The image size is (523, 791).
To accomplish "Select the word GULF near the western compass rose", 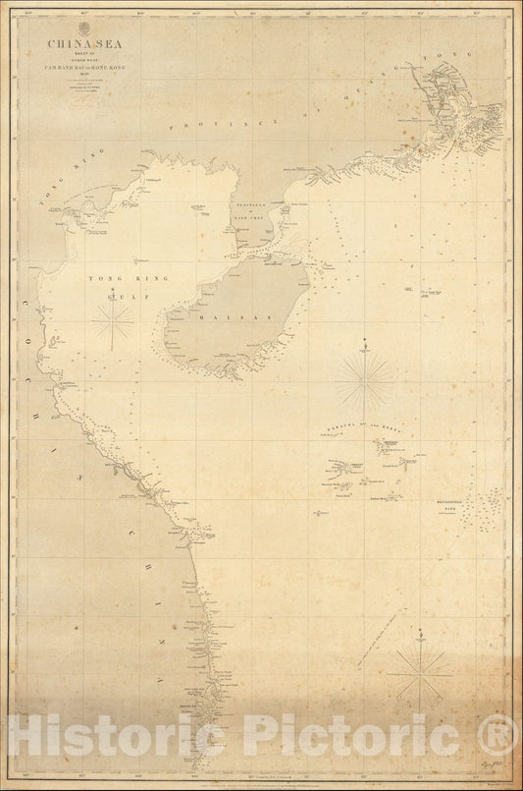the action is pos(115,292).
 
